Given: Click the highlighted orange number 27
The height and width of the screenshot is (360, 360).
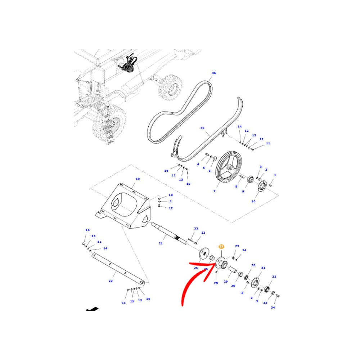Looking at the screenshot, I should pyautogui.click(x=221, y=247).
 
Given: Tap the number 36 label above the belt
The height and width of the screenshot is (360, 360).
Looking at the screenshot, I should pyautogui.click(x=213, y=73).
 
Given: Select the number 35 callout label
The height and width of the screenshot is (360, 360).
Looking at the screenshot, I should pyautogui.click(x=202, y=128).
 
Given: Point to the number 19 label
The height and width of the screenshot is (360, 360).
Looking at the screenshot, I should pyautogui.click(x=137, y=179).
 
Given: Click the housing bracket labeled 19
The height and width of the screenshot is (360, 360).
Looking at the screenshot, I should pyautogui.click(x=124, y=205).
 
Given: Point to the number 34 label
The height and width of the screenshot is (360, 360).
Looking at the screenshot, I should pyautogui.click(x=273, y=307).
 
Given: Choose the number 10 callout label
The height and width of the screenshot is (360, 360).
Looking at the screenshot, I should pyautogui.click(x=253, y=201).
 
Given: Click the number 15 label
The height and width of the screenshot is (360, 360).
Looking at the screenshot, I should pyautogui.click(x=188, y=184).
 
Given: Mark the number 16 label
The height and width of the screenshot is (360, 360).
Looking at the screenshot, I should pyautogui.click(x=87, y=230).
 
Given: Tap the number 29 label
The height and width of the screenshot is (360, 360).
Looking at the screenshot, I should pyautogui.click(x=226, y=282).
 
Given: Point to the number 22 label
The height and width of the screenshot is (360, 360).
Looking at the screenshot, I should pyautogui.click(x=196, y=229).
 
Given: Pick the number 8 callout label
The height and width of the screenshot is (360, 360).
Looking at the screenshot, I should pyautogui.click(x=236, y=186).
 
